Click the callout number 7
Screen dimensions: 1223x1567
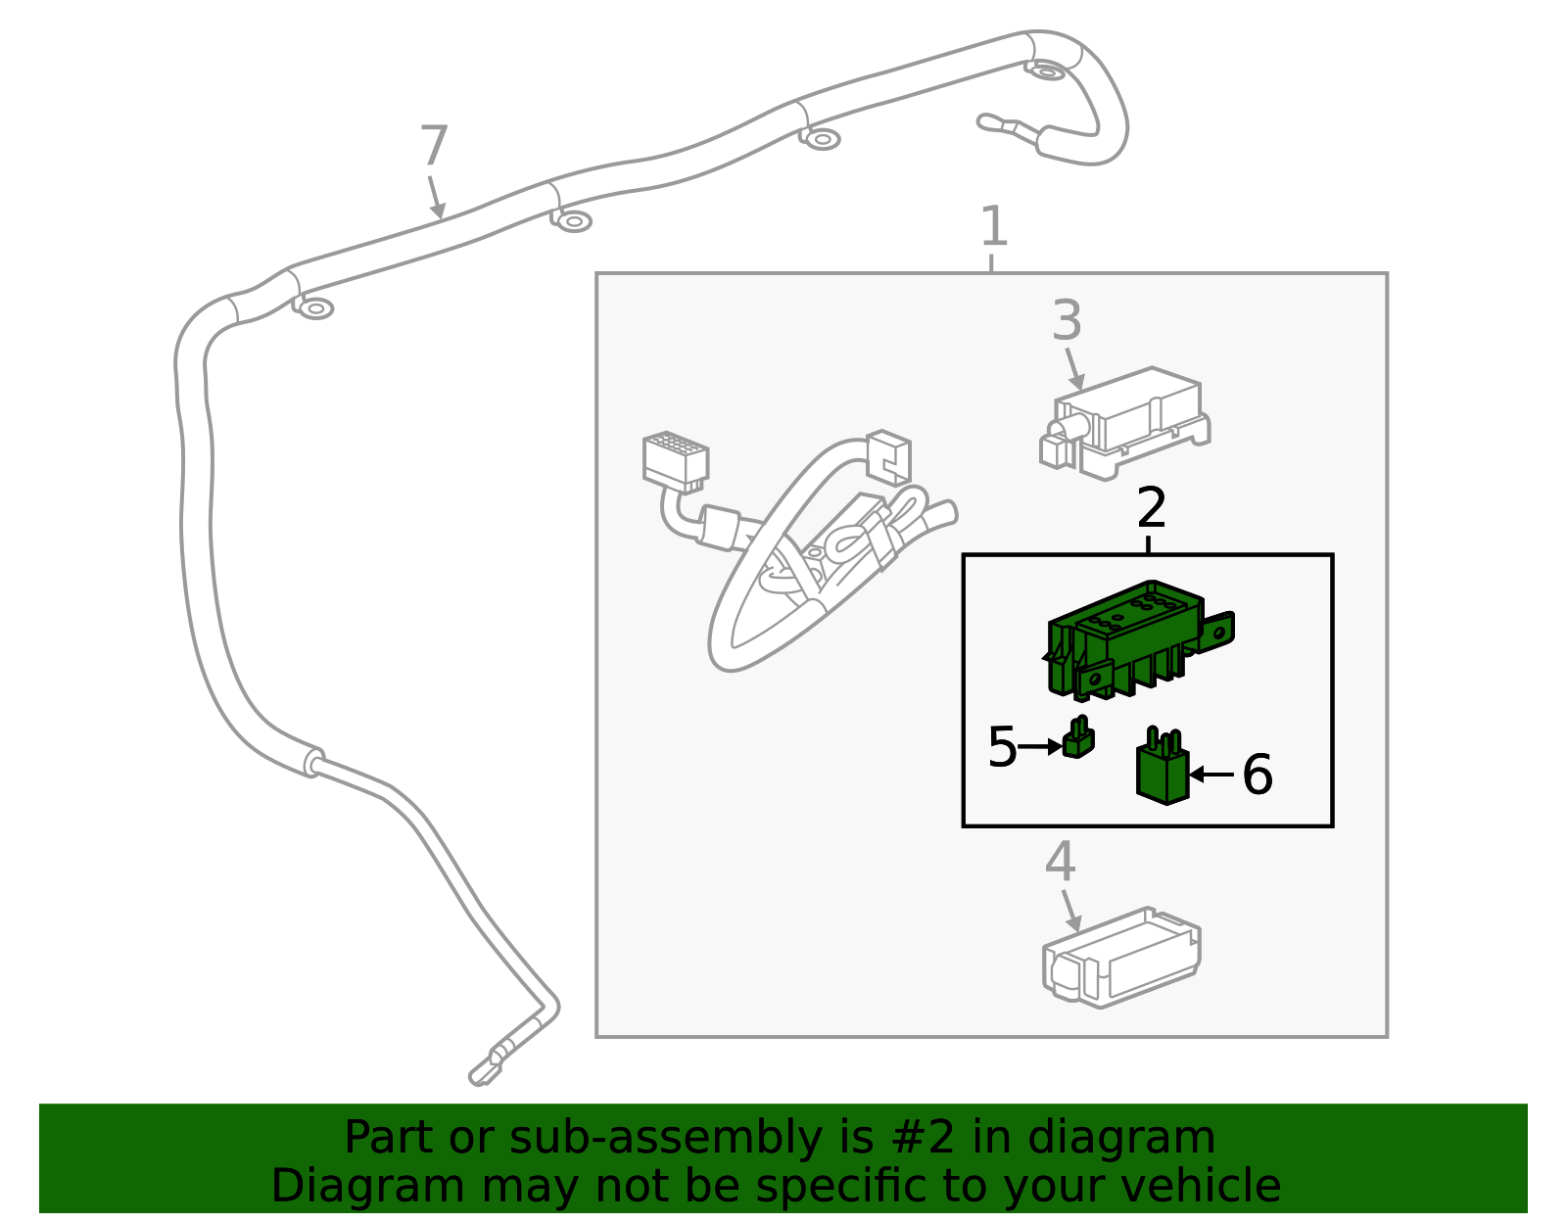(434, 147)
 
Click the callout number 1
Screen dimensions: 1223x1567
(993, 226)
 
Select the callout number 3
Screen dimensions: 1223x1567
(1067, 320)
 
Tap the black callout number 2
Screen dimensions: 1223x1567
(1152, 507)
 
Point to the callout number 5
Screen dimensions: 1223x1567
(1002, 747)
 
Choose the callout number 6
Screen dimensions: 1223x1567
(1258, 774)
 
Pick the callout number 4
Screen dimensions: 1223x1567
(1060, 862)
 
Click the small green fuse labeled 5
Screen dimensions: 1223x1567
(1077, 740)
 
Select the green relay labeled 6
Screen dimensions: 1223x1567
(1163, 770)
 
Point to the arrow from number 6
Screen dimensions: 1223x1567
(1211, 774)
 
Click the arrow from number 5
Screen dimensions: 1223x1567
(1040, 747)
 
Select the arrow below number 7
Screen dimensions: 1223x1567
(436, 199)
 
